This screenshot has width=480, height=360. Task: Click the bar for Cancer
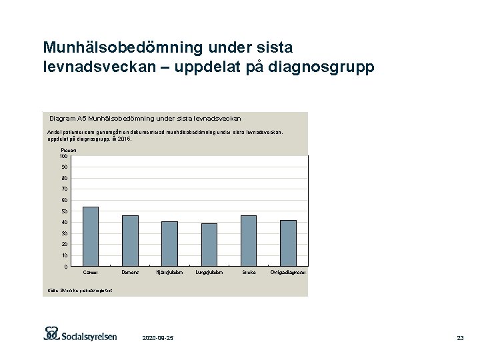[90, 237]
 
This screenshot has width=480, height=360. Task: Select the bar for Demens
[130, 241]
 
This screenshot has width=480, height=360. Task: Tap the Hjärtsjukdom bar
[169, 244]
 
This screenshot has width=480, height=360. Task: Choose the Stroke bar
[249, 241]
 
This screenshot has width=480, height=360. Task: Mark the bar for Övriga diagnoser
[288, 243]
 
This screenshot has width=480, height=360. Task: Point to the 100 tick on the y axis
[63, 156]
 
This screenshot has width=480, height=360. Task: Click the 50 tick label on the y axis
[64, 211]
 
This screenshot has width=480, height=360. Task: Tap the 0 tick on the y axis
[65, 267]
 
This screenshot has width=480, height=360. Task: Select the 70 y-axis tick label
[64, 189]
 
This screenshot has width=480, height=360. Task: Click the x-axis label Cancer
[90, 273]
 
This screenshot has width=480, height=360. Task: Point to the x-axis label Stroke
[249, 273]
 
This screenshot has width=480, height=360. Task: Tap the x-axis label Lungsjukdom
[209, 273]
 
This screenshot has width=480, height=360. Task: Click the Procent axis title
[68, 151]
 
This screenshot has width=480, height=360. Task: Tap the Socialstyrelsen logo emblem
[52, 333]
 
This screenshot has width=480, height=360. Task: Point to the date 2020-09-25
[158, 339]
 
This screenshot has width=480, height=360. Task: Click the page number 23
[460, 339]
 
